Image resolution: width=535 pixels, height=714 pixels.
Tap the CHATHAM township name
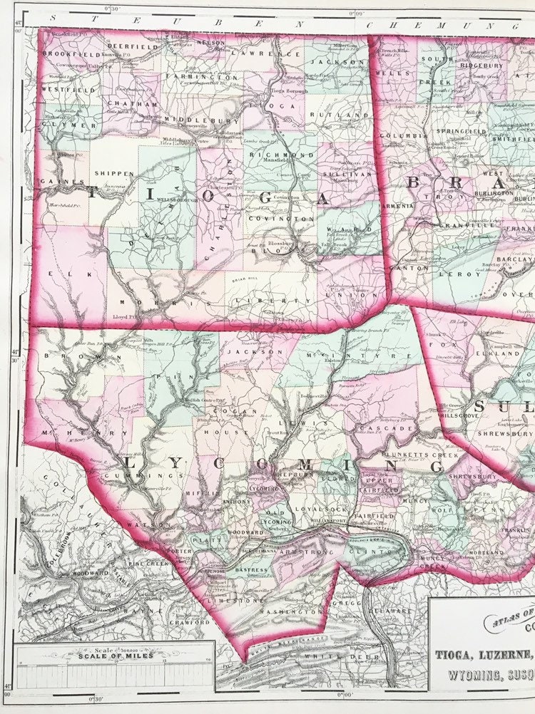(127, 103)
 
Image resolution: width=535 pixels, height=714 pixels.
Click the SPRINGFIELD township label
(463, 132)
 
